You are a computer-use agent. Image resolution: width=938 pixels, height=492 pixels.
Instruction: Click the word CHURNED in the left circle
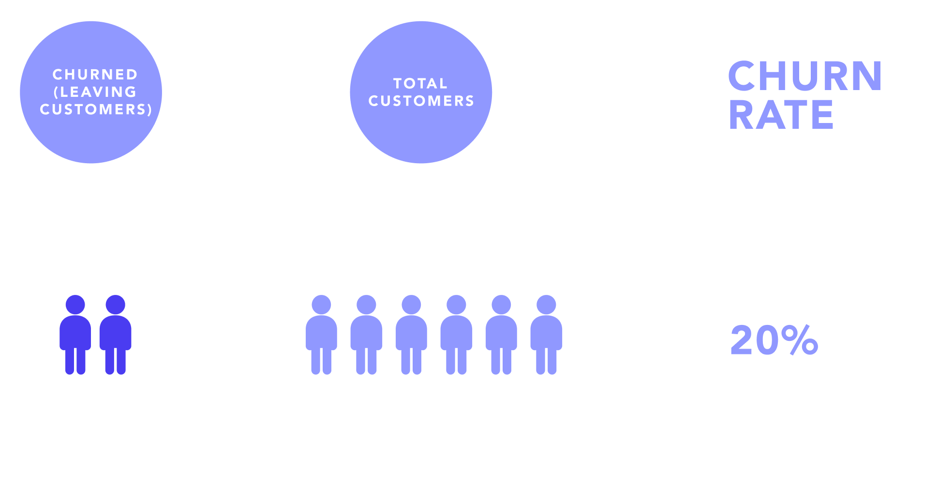click(x=95, y=75)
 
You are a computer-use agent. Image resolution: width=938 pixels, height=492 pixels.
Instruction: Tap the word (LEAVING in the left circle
click(x=95, y=92)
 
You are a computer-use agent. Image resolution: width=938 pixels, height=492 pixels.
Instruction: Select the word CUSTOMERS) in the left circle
click(x=96, y=109)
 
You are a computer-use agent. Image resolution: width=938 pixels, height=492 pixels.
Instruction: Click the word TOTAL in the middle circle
click(x=420, y=83)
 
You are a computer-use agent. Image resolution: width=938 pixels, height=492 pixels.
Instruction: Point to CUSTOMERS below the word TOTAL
click(x=421, y=101)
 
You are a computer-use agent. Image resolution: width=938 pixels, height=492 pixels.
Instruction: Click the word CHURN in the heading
click(x=805, y=76)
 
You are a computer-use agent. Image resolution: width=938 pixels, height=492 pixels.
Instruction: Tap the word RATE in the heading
click(x=781, y=115)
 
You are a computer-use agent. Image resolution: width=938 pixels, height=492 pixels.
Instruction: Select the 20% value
click(x=774, y=340)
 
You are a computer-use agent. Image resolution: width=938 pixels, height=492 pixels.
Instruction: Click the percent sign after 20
click(x=799, y=340)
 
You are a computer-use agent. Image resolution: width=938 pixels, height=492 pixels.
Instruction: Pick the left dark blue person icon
click(x=75, y=334)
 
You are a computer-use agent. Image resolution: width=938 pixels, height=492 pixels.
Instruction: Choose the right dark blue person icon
click(x=115, y=334)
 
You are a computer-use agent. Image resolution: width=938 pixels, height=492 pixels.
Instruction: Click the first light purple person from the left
click(x=321, y=334)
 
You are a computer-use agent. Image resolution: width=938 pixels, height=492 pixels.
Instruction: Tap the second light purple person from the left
click(x=366, y=334)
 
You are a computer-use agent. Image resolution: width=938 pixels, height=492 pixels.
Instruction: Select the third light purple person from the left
click(x=411, y=334)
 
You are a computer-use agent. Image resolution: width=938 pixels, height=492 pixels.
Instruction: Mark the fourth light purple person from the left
click(x=456, y=334)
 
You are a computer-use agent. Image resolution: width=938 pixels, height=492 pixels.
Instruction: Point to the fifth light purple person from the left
click(x=501, y=334)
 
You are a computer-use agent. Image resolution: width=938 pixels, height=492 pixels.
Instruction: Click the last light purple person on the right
click(x=546, y=334)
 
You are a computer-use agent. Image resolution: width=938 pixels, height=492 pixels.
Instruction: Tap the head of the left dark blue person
click(x=75, y=305)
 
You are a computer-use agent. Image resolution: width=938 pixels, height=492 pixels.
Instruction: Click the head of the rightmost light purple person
click(x=546, y=305)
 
